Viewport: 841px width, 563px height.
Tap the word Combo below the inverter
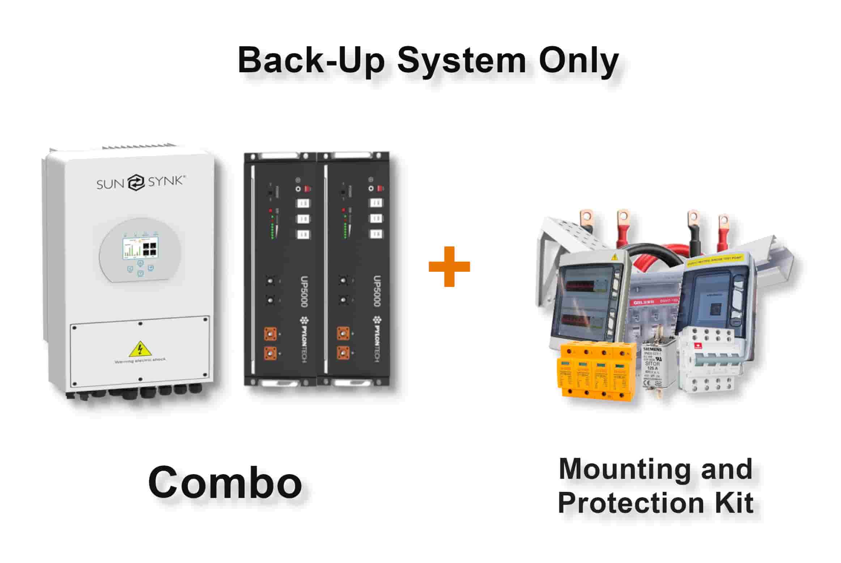click(225, 482)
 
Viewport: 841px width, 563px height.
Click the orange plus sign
click(449, 266)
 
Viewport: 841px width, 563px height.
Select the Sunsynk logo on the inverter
click(141, 182)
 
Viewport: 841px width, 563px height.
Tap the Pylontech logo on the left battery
click(303, 340)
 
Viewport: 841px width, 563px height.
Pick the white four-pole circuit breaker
click(707, 361)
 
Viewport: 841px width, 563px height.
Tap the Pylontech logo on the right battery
click(377, 340)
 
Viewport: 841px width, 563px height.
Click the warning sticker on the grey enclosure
click(614, 257)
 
